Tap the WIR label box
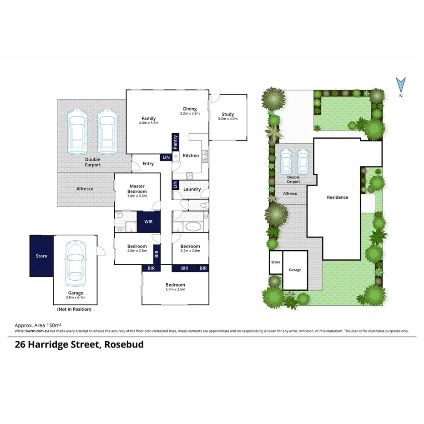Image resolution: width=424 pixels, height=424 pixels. tap(148, 222)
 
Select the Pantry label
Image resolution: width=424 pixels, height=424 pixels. tap(176, 142)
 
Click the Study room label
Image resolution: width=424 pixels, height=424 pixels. tap(227, 114)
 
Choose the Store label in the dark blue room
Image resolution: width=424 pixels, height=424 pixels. tap(41, 256)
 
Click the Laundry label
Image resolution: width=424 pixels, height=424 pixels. tap(192, 189)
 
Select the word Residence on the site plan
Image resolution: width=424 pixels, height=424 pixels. tap(338, 197)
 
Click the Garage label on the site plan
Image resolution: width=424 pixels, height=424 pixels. tap(295, 270)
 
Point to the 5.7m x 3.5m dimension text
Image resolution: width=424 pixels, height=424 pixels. tap(175, 290)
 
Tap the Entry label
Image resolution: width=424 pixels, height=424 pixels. tap(148, 164)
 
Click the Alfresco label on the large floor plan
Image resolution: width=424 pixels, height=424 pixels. tap(85, 188)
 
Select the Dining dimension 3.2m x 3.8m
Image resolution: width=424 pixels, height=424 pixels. tap(190, 114)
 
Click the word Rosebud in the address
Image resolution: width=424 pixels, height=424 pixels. tap(124, 344)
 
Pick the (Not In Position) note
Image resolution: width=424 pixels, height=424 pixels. tap(74, 309)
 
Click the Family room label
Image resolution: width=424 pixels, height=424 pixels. tap(149, 119)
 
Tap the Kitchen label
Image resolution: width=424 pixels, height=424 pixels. tap(191, 156)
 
